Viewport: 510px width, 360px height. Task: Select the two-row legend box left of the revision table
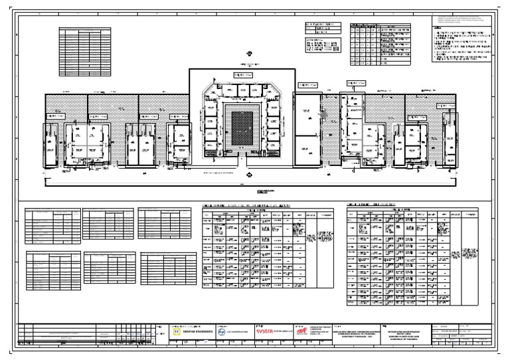coord(321,27)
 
